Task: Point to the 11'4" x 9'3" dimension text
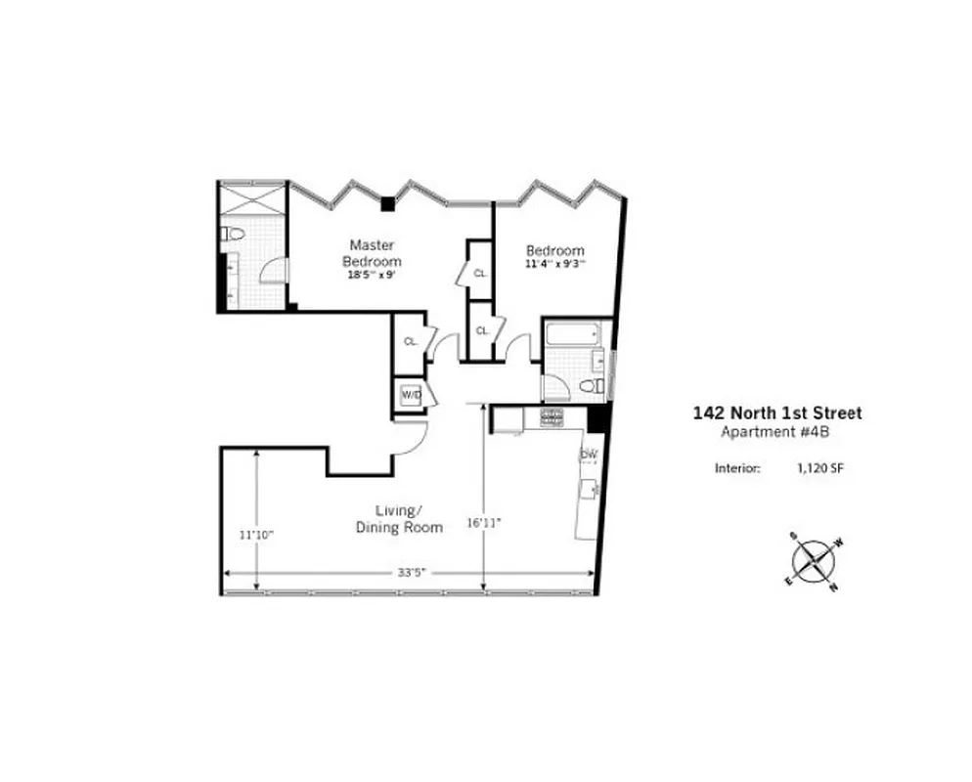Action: (x=554, y=263)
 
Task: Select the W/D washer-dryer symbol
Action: (x=411, y=395)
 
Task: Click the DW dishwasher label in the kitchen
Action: (x=589, y=455)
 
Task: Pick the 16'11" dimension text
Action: (x=483, y=523)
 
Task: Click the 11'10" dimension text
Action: (x=256, y=535)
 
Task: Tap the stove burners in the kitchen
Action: (x=552, y=418)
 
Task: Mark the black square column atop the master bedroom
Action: (x=388, y=203)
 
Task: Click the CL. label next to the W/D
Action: (x=411, y=341)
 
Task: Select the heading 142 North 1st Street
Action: (x=777, y=413)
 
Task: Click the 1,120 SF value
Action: (x=819, y=468)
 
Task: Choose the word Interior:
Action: (x=738, y=468)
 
